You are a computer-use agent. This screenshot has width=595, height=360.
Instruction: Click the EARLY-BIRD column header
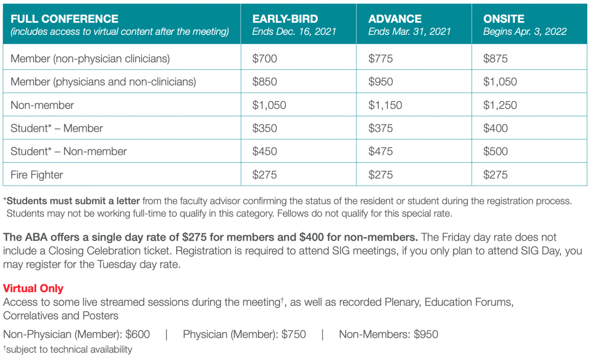click(x=285, y=19)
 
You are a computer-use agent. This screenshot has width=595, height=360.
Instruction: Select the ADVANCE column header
click(x=395, y=19)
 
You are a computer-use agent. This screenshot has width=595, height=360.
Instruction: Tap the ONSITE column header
click(x=504, y=19)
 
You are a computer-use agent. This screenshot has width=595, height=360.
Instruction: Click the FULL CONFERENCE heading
click(x=64, y=19)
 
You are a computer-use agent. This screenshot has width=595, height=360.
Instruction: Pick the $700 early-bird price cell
click(x=265, y=59)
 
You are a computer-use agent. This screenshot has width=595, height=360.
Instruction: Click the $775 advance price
click(x=380, y=59)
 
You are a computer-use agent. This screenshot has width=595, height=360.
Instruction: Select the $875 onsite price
click(x=495, y=59)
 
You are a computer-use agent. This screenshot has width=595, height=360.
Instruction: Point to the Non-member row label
click(x=42, y=105)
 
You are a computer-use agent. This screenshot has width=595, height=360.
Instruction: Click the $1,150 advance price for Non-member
click(x=385, y=105)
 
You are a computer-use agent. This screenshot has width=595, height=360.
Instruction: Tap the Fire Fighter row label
click(x=37, y=175)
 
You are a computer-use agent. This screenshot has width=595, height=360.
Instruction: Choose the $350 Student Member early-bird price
click(x=265, y=128)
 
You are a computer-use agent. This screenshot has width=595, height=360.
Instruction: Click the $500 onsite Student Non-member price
click(x=495, y=152)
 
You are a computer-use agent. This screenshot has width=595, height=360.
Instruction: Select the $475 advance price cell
click(x=380, y=152)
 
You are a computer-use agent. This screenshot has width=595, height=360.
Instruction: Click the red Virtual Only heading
click(x=33, y=288)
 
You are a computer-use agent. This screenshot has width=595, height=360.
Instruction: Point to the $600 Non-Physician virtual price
click(x=138, y=334)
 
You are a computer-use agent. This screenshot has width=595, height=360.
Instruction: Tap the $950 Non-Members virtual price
click(x=426, y=334)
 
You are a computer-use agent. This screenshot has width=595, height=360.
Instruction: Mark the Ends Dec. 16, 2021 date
click(x=294, y=32)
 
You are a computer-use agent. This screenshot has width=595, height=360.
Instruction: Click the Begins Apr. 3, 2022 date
click(x=524, y=32)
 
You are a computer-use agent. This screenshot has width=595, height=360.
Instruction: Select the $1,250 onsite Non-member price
click(x=500, y=105)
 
